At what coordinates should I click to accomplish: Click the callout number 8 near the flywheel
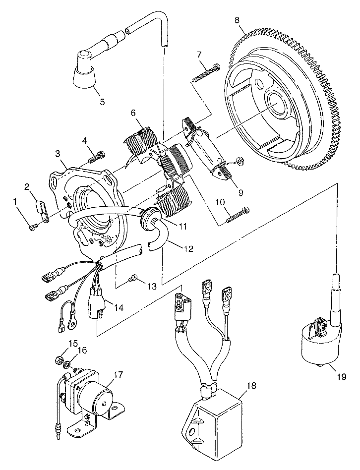(x=237, y=20)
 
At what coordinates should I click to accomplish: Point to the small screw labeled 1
(x=32, y=229)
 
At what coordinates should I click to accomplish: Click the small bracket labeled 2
(x=42, y=211)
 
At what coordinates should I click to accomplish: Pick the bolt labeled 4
(x=97, y=157)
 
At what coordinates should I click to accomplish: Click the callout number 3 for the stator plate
(x=58, y=154)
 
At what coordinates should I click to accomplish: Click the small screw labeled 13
(x=132, y=279)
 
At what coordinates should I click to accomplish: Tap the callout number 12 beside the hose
(x=188, y=248)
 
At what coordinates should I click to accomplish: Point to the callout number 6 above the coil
(x=133, y=113)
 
